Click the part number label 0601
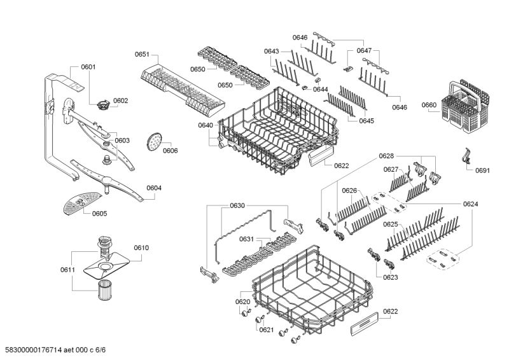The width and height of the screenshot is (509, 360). coord(88,67)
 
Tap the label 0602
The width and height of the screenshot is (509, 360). coord(121,100)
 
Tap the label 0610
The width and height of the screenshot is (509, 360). coord(141,247)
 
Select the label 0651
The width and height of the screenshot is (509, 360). coord(142,55)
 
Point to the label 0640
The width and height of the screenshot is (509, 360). coord(205,125)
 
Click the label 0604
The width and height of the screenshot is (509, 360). coord(154,188)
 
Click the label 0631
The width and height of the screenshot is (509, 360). coord(246,239)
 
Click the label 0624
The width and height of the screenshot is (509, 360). coord(471,204)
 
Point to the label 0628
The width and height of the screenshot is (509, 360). coord(387,156)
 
